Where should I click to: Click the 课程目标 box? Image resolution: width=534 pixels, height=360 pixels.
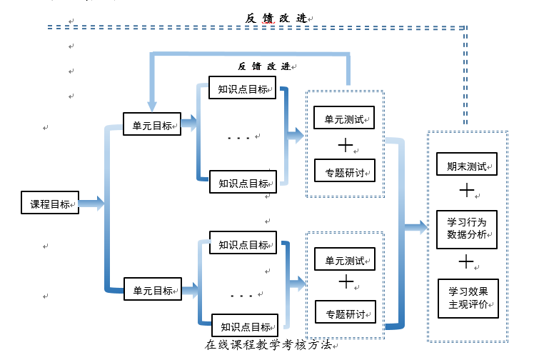(x=50, y=204)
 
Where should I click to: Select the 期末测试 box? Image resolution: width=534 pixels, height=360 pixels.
(x=467, y=166)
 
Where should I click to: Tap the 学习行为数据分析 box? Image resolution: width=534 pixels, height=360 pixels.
(x=467, y=228)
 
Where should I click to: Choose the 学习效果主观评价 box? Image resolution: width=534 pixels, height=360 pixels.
(x=468, y=298)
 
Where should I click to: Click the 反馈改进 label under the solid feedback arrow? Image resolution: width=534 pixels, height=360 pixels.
(x=263, y=66)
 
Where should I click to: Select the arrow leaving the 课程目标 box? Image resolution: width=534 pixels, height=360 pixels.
(x=91, y=204)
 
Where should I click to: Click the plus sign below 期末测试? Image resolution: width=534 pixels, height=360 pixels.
(x=466, y=191)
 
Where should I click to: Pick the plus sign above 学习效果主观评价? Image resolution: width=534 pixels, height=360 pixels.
(x=466, y=263)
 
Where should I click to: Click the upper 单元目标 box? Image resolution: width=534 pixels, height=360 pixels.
(x=152, y=125)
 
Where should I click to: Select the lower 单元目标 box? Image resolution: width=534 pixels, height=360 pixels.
(x=153, y=290)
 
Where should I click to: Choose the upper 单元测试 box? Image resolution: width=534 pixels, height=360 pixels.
(x=344, y=118)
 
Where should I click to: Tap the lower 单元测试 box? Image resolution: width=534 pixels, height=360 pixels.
(x=345, y=260)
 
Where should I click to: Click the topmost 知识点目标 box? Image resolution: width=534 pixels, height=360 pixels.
(x=243, y=89)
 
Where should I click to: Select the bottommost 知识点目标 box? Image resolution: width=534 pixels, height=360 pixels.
(x=246, y=326)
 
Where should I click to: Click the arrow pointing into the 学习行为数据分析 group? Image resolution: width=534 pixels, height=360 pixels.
(x=414, y=227)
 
